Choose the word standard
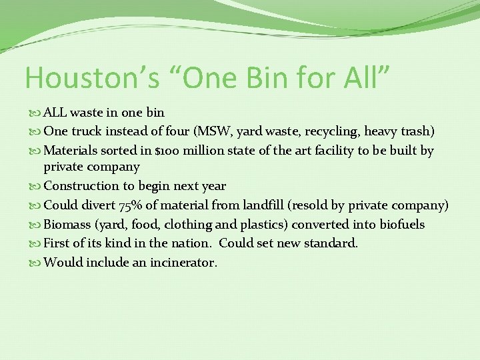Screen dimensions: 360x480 point(331,243)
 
